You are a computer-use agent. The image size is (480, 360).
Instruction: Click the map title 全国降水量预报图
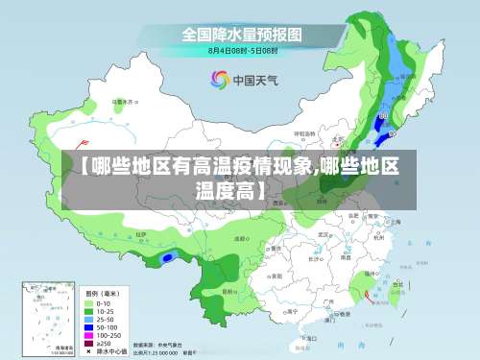point(243,34)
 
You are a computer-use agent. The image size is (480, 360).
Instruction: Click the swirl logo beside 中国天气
point(218,79)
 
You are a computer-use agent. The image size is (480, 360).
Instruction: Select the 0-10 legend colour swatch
point(89,301)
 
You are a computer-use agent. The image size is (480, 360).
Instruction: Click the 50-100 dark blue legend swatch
point(89,326)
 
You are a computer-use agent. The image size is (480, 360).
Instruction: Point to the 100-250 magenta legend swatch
point(89,335)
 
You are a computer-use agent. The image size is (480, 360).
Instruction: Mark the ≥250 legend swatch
point(89,343)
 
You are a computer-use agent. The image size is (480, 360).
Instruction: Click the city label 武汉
point(324,233)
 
